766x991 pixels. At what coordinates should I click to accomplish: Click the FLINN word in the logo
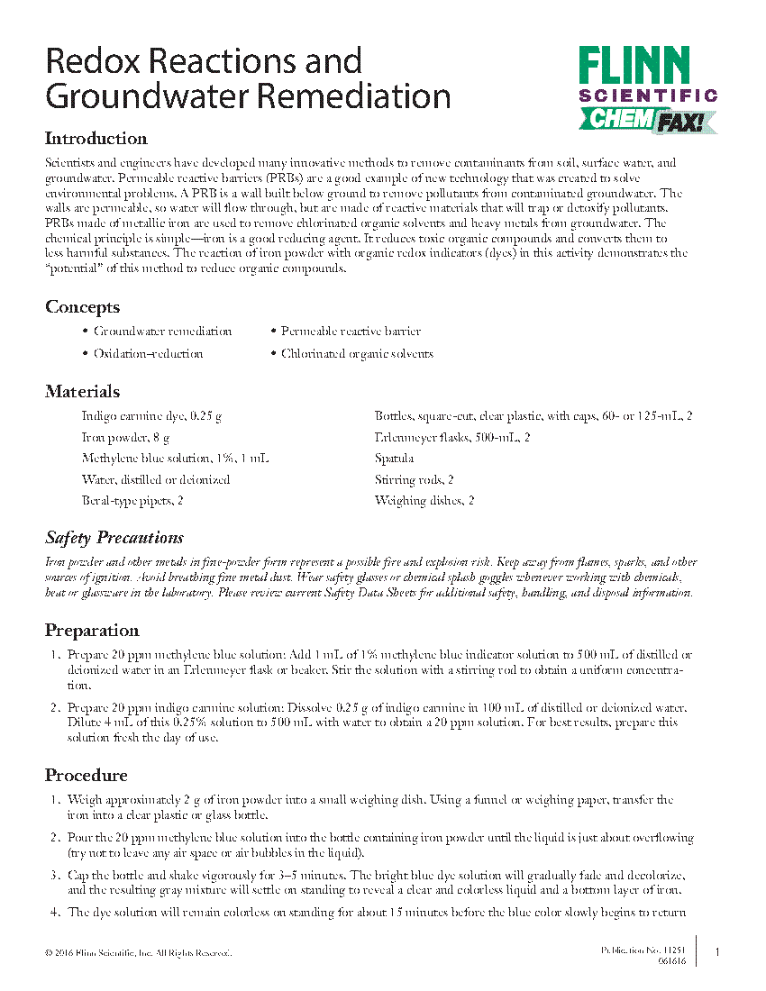click(634, 66)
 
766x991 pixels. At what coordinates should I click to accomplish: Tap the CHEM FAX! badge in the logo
click(646, 119)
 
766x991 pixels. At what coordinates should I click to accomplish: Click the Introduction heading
click(96, 139)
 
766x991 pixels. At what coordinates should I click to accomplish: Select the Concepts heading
click(82, 307)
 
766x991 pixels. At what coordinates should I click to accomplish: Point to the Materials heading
click(82, 392)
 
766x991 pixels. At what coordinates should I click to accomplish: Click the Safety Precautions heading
click(114, 538)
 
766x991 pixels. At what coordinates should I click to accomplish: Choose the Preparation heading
click(92, 631)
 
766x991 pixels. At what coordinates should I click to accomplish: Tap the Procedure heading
click(87, 776)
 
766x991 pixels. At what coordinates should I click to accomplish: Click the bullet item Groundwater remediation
click(162, 332)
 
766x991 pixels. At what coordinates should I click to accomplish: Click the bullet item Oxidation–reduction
click(148, 354)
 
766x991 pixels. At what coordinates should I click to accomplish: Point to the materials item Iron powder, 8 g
click(125, 438)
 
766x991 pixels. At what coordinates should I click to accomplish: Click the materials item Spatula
click(394, 459)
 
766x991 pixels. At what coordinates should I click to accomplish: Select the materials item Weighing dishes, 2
click(424, 501)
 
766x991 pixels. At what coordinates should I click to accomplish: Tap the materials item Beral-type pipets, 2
click(132, 501)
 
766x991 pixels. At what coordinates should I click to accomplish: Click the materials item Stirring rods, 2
click(414, 480)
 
